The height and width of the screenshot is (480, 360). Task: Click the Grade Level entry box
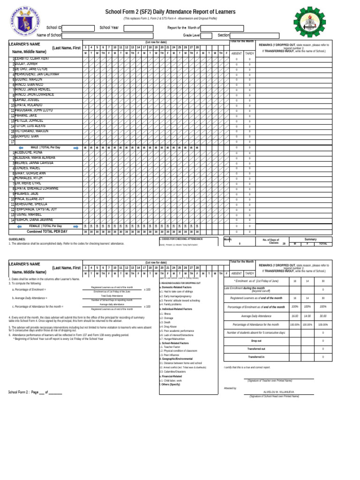[207, 35]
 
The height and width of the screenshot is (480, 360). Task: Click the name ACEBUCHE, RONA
[29, 153]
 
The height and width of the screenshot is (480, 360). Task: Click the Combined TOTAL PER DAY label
[47, 232]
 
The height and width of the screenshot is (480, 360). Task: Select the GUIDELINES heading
[17, 239]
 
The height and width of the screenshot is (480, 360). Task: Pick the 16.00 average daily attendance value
[295, 329]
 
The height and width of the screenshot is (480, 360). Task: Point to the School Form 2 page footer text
[35, 392]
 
